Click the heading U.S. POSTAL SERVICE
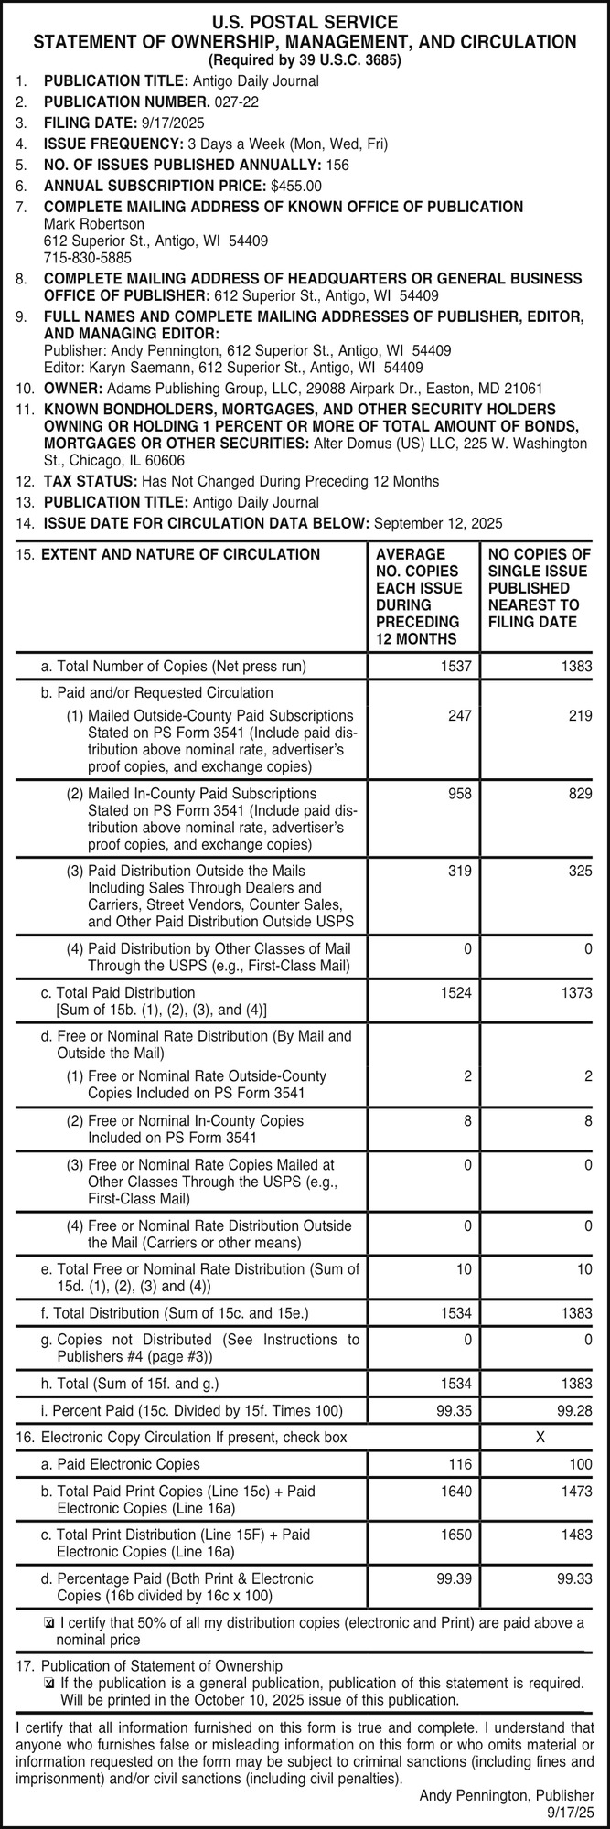click(305, 22)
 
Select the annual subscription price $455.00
click(291, 186)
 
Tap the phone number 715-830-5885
click(88, 258)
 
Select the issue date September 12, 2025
click(439, 524)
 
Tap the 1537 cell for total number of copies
click(457, 666)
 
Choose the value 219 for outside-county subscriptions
click(579, 715)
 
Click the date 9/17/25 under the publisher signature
click(571, 1811)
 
